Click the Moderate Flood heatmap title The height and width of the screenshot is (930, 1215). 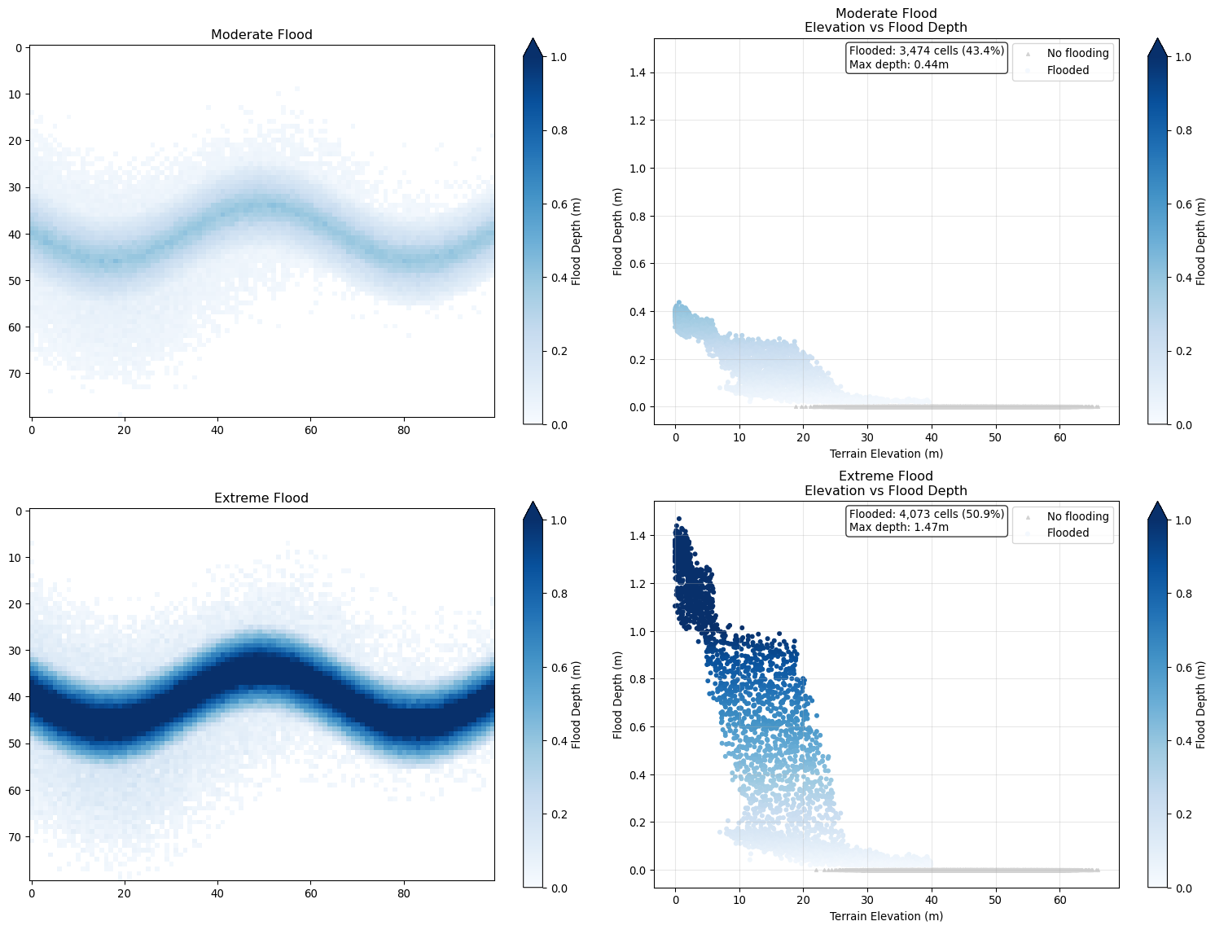(261, 35)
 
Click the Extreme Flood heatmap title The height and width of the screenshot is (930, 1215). (261, 498)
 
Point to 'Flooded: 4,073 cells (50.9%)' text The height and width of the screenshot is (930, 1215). (927, 514)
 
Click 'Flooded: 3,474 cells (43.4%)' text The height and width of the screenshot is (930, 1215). (927, 51)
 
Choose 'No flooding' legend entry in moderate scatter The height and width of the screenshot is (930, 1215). (1077, 54)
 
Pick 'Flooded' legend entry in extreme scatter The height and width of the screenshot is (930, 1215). (1068, 533)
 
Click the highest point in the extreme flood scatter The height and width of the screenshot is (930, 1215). (678, 519)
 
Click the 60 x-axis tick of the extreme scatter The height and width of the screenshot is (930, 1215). (1059, 900)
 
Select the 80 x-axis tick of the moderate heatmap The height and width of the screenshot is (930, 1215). (404, 431)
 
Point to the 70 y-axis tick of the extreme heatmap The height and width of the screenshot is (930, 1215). (15, 837)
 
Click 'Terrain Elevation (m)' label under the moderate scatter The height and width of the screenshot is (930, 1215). (886, 454)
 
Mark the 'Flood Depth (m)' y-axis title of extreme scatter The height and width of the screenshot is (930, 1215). (618, 695)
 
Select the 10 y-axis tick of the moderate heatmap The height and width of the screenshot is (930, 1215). (15, 94)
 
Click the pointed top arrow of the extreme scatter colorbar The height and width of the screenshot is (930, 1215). (1157, 511)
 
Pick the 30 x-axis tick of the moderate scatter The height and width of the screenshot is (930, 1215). (867, 437)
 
